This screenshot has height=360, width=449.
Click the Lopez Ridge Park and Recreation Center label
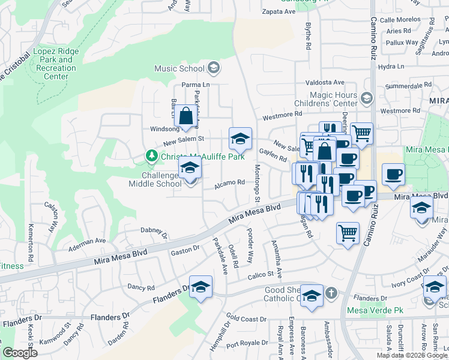[x=56, y=64]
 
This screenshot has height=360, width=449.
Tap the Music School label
[x=179, y=68]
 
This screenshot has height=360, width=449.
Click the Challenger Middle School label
[x=154, y=179]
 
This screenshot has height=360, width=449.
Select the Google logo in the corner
[x=19, y=353]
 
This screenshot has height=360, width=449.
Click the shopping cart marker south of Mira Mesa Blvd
[x=348, y=232]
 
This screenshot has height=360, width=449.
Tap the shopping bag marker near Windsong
[x=186, y=115]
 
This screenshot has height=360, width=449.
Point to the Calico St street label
[x=262, y=274]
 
